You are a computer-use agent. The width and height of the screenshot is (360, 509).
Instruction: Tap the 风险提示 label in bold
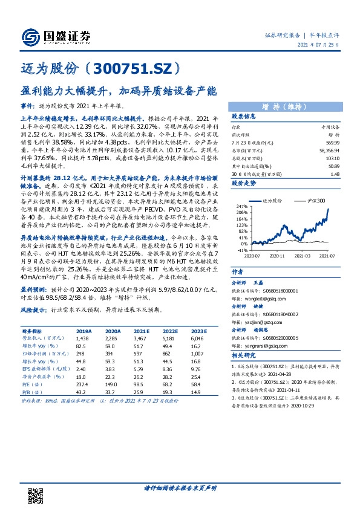(x=33, y=310)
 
